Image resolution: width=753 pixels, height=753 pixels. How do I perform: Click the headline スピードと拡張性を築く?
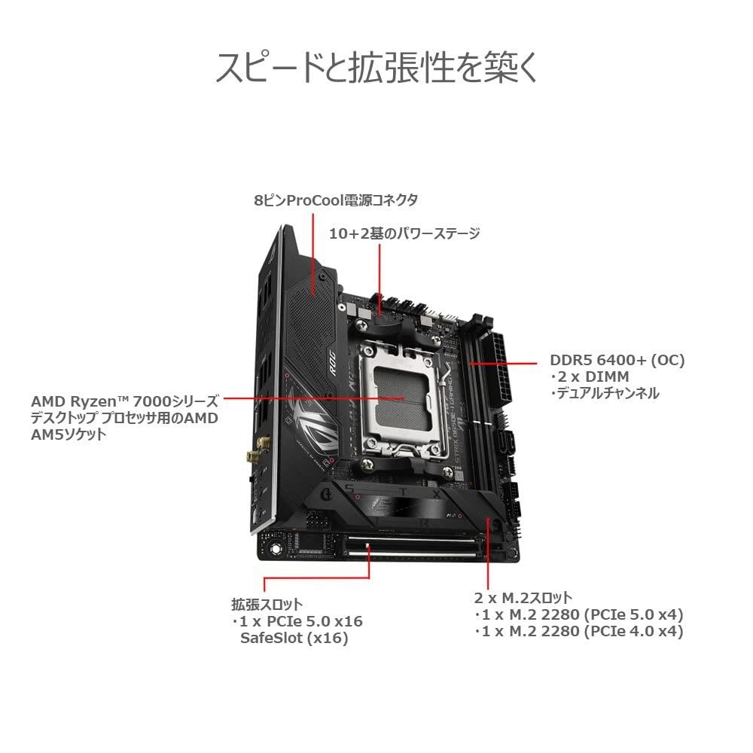[376, 67]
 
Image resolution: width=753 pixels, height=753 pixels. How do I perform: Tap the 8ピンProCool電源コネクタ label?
[336, 200]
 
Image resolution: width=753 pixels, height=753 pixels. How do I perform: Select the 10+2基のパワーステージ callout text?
[404, 233]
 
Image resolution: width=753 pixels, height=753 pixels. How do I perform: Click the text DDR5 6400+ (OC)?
[617, 360]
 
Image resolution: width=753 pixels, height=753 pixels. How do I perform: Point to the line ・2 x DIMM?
[590, 377]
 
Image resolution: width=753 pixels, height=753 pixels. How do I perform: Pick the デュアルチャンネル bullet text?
[605, 393]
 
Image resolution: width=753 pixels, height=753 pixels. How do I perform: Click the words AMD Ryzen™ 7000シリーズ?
[125, 401]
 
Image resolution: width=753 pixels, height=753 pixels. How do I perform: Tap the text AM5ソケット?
[69, 434]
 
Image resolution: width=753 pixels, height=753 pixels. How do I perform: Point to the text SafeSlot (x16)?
[294, 639]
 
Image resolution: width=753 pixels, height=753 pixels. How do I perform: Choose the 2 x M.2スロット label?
[523, 598]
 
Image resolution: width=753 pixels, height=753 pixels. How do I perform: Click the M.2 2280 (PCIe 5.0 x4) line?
[582, 614]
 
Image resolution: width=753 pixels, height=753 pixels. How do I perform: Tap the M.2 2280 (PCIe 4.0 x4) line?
[582, 631]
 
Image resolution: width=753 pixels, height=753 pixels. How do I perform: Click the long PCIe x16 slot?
[412, 547]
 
